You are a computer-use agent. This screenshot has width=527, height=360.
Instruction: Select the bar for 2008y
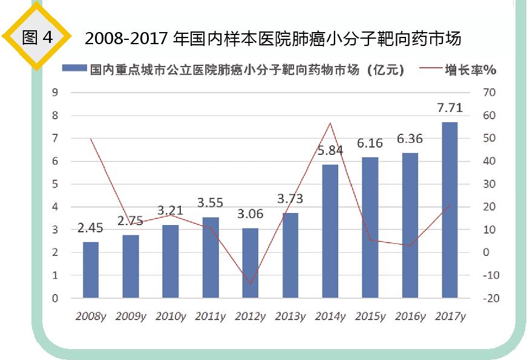point(91,270)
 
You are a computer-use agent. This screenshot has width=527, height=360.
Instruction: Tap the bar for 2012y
point(250,263)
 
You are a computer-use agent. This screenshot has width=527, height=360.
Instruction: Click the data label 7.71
point(450,108)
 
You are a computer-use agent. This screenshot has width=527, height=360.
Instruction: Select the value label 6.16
point(370,143)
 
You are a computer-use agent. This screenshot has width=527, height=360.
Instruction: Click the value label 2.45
point(90,228)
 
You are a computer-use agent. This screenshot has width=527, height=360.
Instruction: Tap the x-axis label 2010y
point(171,316)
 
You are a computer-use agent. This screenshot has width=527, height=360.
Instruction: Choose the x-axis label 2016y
point(410,316)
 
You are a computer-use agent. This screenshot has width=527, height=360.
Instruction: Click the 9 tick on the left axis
point(55,93)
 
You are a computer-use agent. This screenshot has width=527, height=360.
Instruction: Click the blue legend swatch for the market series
point(74,69)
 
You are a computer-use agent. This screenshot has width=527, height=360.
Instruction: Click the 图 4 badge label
point(38,38)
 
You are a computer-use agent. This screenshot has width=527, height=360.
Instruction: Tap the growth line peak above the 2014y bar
point(330,123)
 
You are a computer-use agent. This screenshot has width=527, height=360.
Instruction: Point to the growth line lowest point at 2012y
point(250,284)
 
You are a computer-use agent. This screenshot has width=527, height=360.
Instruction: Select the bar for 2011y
point(211,258)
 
